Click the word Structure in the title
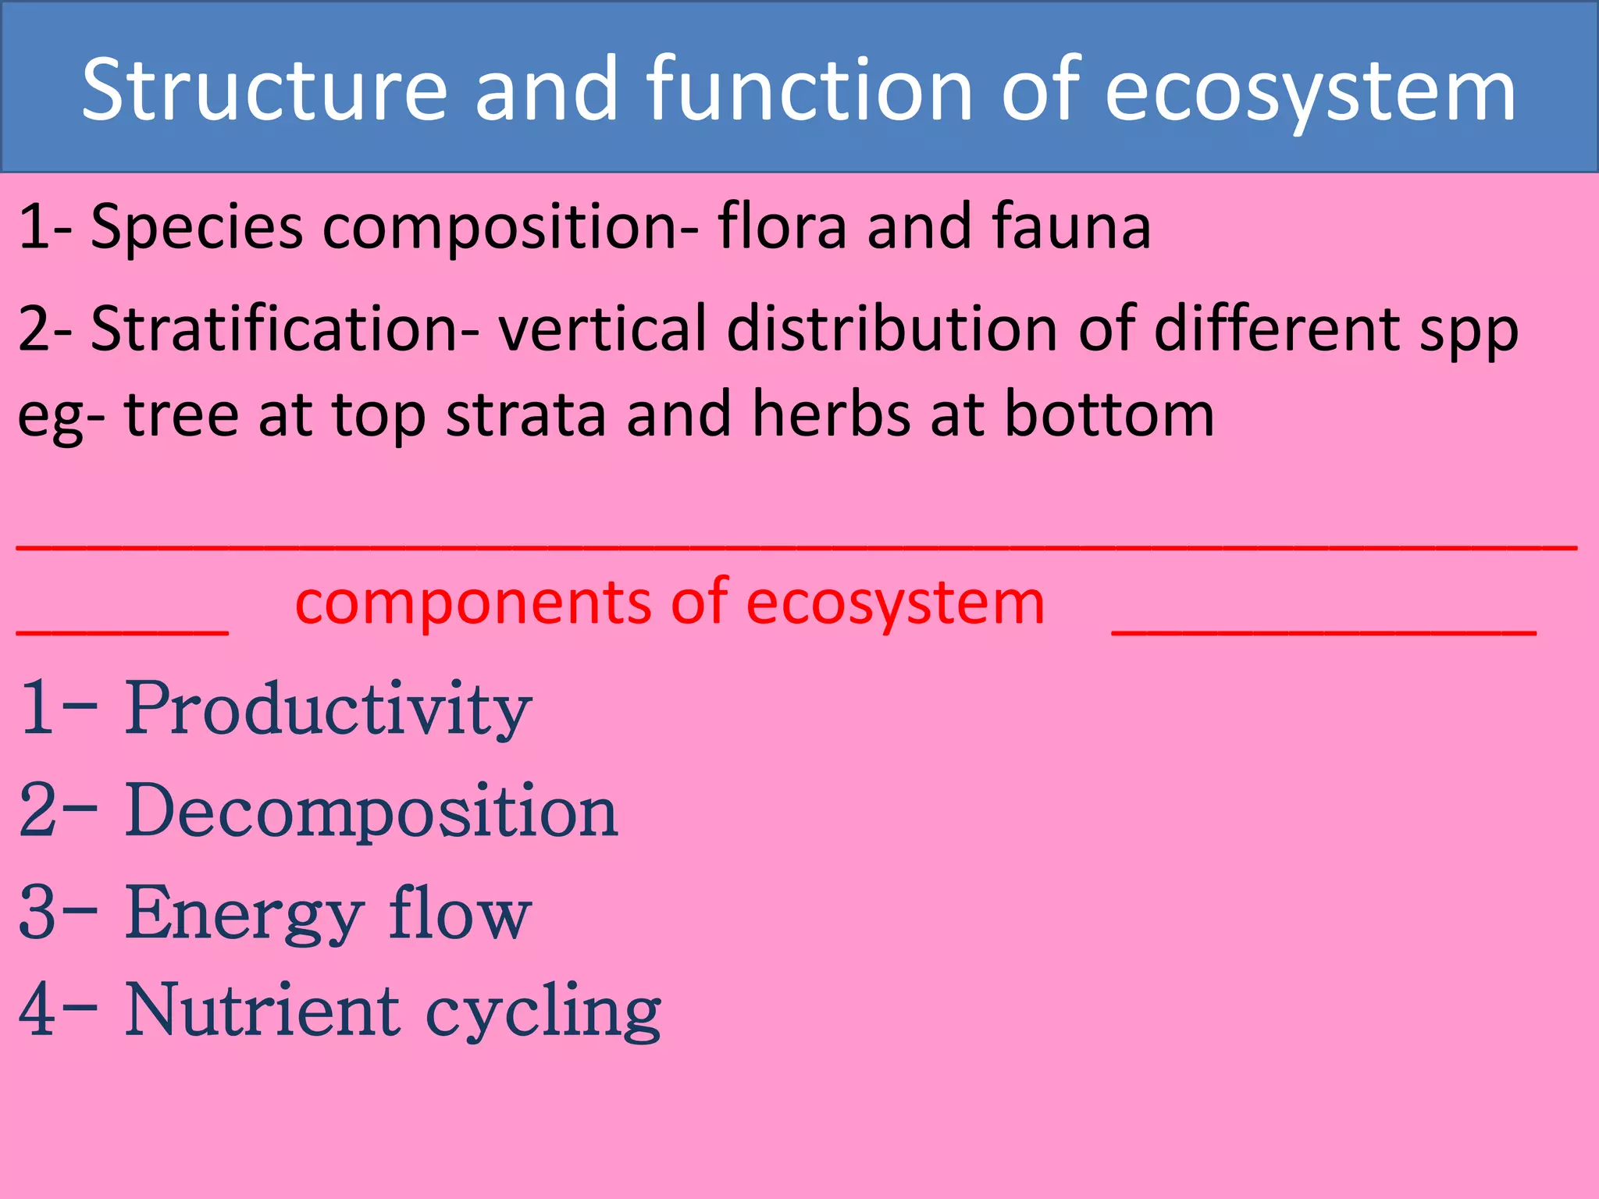coord(264,90)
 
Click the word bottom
coord(1109,413)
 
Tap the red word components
coord(472,603)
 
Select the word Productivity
coord(328,709)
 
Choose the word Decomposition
coord(372,812)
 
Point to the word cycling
coord(543,1013)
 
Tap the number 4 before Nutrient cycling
coord(37,1011)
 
